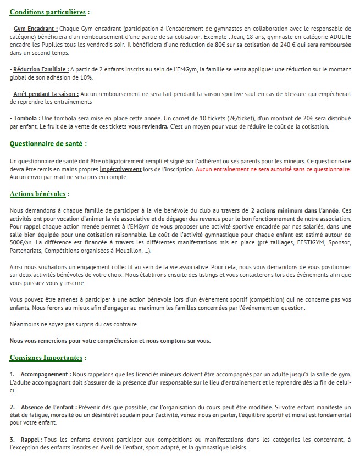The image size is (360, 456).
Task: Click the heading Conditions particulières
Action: point(49,12)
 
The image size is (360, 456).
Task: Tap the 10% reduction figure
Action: point(86,78)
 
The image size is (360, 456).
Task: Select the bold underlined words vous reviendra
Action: point(148,126)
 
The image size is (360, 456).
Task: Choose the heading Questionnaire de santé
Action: point(46,144)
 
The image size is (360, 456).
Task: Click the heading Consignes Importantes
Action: point(46,358)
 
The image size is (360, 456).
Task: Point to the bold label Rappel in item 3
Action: point(30,440)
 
